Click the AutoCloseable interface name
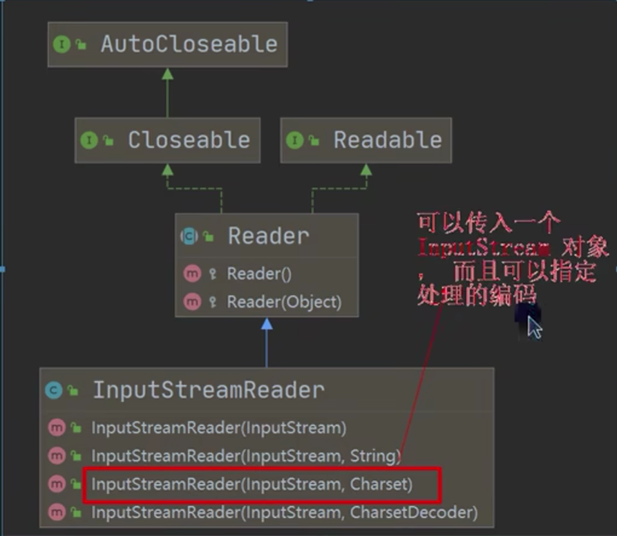pos(189,44)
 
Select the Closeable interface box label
pos(188,140)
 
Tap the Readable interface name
pos(387,140)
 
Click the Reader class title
pos(268,236)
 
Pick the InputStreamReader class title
pos(208,390)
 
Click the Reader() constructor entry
pos(259,274)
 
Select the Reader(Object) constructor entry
pos(284,302)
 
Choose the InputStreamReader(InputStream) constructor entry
pos(218,428)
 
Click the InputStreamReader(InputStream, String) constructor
pos(246,456)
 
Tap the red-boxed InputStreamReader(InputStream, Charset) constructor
pos(251,484)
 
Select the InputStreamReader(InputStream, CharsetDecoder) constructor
pos(284,513)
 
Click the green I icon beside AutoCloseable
pos(61,45)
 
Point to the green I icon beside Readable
pos(294,141)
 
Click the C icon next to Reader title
pos(188,237)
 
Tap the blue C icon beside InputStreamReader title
pos(53,391)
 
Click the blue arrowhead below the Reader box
pos(267,324)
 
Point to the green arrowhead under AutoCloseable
pos(168,73)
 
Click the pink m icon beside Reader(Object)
pos(192,302)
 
